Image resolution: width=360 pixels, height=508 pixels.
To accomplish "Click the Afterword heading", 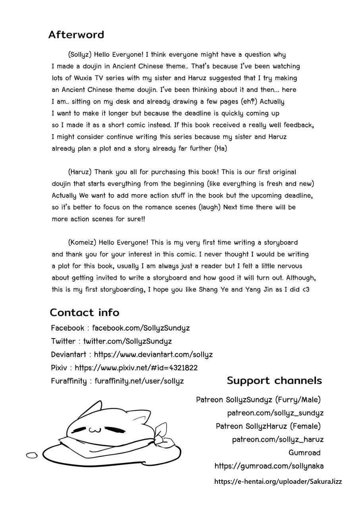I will tap(76, 35).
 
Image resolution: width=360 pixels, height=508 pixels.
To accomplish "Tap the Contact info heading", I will tap(84, 313).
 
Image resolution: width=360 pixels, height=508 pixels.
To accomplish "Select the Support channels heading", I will tap(274, 381).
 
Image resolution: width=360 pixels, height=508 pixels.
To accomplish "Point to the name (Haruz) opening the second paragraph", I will tap(80, 172).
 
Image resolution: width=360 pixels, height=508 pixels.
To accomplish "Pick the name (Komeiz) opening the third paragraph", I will tap(82, 242).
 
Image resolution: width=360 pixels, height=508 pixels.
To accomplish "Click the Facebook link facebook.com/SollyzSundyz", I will tap(141, 328).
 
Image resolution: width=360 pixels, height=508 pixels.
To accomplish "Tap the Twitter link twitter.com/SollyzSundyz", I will tap(127, 341).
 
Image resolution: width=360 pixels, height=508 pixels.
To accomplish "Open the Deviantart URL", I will tap(153, 354).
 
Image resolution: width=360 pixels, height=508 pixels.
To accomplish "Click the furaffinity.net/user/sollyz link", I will tap(139, 381).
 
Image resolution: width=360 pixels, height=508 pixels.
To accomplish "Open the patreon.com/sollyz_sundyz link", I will tap(275, 413).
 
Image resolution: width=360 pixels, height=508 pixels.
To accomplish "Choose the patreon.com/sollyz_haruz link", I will tap(277, 440).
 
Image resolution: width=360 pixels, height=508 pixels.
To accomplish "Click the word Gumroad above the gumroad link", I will tap(304, 453).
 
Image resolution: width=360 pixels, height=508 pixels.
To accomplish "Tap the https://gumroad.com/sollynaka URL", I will tap(269, 466).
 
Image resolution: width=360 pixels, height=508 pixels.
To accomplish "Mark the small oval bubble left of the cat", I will tap(31, 455).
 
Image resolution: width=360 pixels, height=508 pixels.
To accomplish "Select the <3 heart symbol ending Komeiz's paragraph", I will tap(305, 289).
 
